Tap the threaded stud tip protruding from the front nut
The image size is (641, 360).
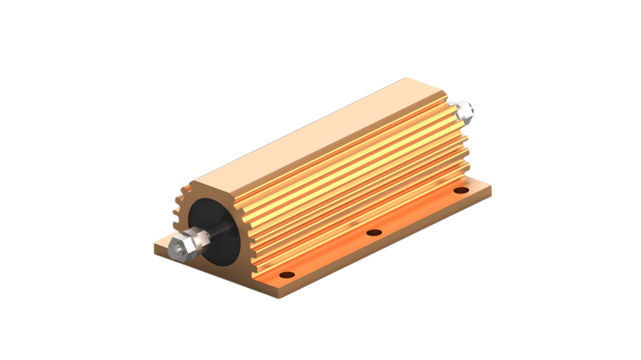tap(174, 249)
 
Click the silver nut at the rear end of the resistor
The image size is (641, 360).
tap(463, 111)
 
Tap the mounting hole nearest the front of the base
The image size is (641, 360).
tap(287, 275)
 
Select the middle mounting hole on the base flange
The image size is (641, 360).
tap(374, 233)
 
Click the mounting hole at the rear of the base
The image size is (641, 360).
tap(460, 190)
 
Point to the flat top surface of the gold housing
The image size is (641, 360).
tap(316, 131)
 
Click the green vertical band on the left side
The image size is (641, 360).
tap(41, 180)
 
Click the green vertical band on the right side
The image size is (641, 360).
tap(600, 180)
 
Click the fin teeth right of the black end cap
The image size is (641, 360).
tap(246, 235)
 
